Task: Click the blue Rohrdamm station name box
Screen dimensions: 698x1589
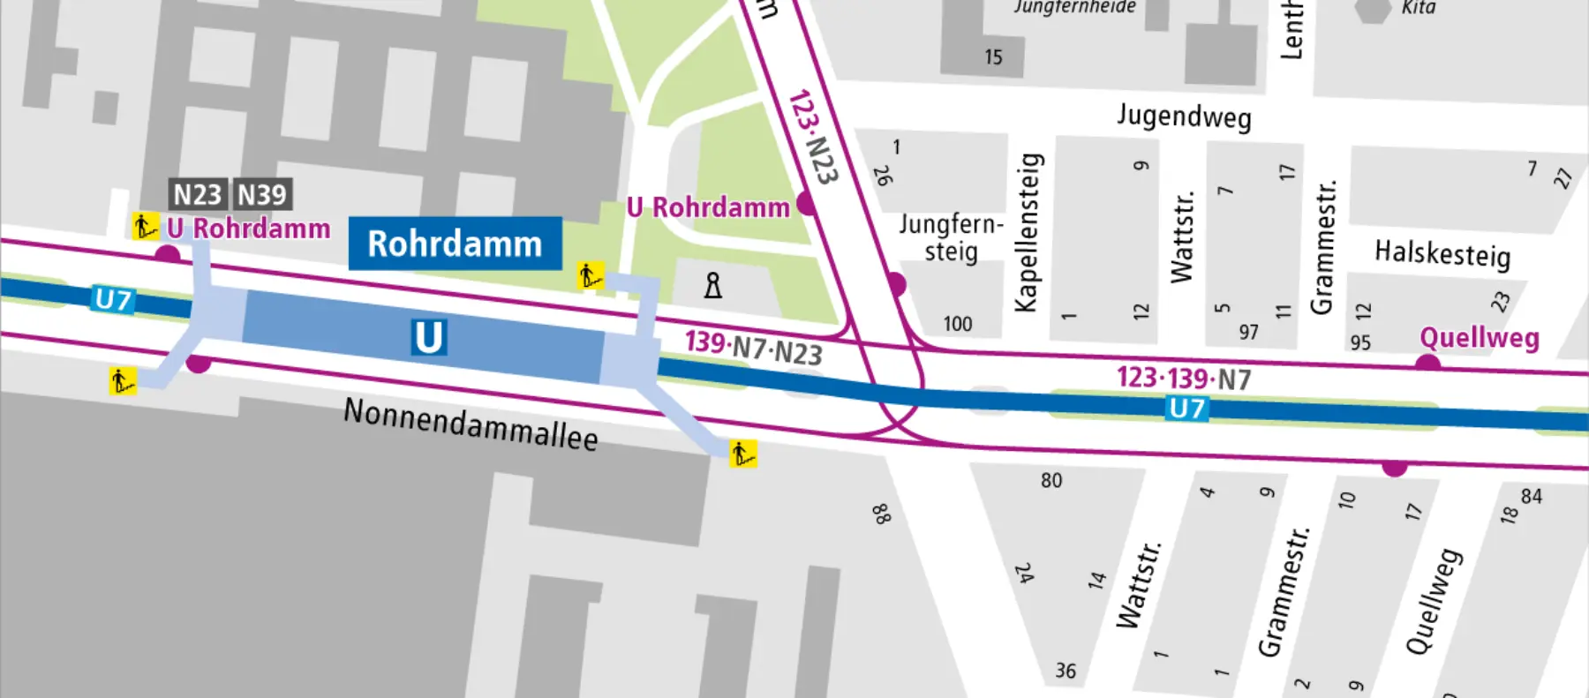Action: [455, 244]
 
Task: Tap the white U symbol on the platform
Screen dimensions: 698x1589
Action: [428, 337]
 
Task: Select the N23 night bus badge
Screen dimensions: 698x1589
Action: [197, 194]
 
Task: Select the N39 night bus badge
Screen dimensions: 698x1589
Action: [262, 194]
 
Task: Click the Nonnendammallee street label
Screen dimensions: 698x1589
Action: [471, 424]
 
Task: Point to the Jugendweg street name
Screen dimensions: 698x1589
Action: [1184, 116]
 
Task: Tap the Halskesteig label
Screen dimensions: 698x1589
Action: [1442, 254]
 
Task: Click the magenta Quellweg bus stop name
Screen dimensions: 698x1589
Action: [1480, 338]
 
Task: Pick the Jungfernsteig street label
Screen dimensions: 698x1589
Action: [951, 237]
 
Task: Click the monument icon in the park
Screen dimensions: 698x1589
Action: [713, 285]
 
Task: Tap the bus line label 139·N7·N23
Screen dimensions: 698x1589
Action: [754, 348]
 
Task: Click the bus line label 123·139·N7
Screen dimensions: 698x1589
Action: [1184, 379]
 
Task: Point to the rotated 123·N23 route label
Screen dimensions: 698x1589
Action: [812, 137]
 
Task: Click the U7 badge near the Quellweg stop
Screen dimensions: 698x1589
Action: [1186, 409]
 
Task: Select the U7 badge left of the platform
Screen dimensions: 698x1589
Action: [113, 300]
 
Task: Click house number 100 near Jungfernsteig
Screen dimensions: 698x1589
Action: [957, 325]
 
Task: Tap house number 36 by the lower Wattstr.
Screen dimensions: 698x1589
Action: [1066, 672]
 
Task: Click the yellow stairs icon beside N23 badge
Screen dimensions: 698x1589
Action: [145, 226]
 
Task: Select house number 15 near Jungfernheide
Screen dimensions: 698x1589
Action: [993, 57]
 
